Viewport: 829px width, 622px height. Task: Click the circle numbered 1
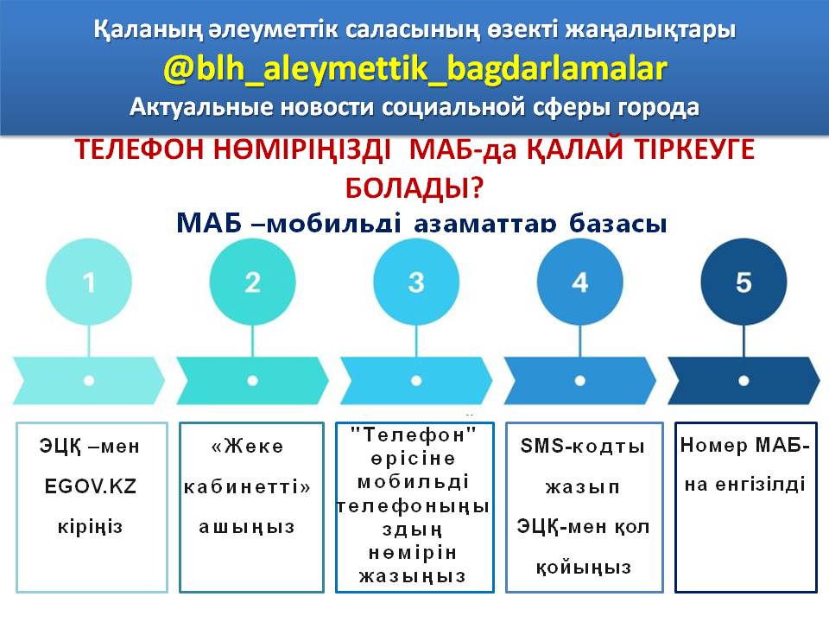89,282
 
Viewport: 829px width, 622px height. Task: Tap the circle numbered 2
252,282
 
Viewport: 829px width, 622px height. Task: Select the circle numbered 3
416,282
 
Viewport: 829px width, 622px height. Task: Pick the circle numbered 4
579,282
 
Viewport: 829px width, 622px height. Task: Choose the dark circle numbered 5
744,282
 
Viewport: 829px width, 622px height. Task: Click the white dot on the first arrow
89,379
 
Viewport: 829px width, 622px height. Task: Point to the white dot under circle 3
416,379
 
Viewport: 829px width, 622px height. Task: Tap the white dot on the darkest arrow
744,379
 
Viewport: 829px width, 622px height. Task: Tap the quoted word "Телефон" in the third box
414,431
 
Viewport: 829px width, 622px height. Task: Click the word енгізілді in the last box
744,484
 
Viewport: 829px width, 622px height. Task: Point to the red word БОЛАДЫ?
414,187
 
